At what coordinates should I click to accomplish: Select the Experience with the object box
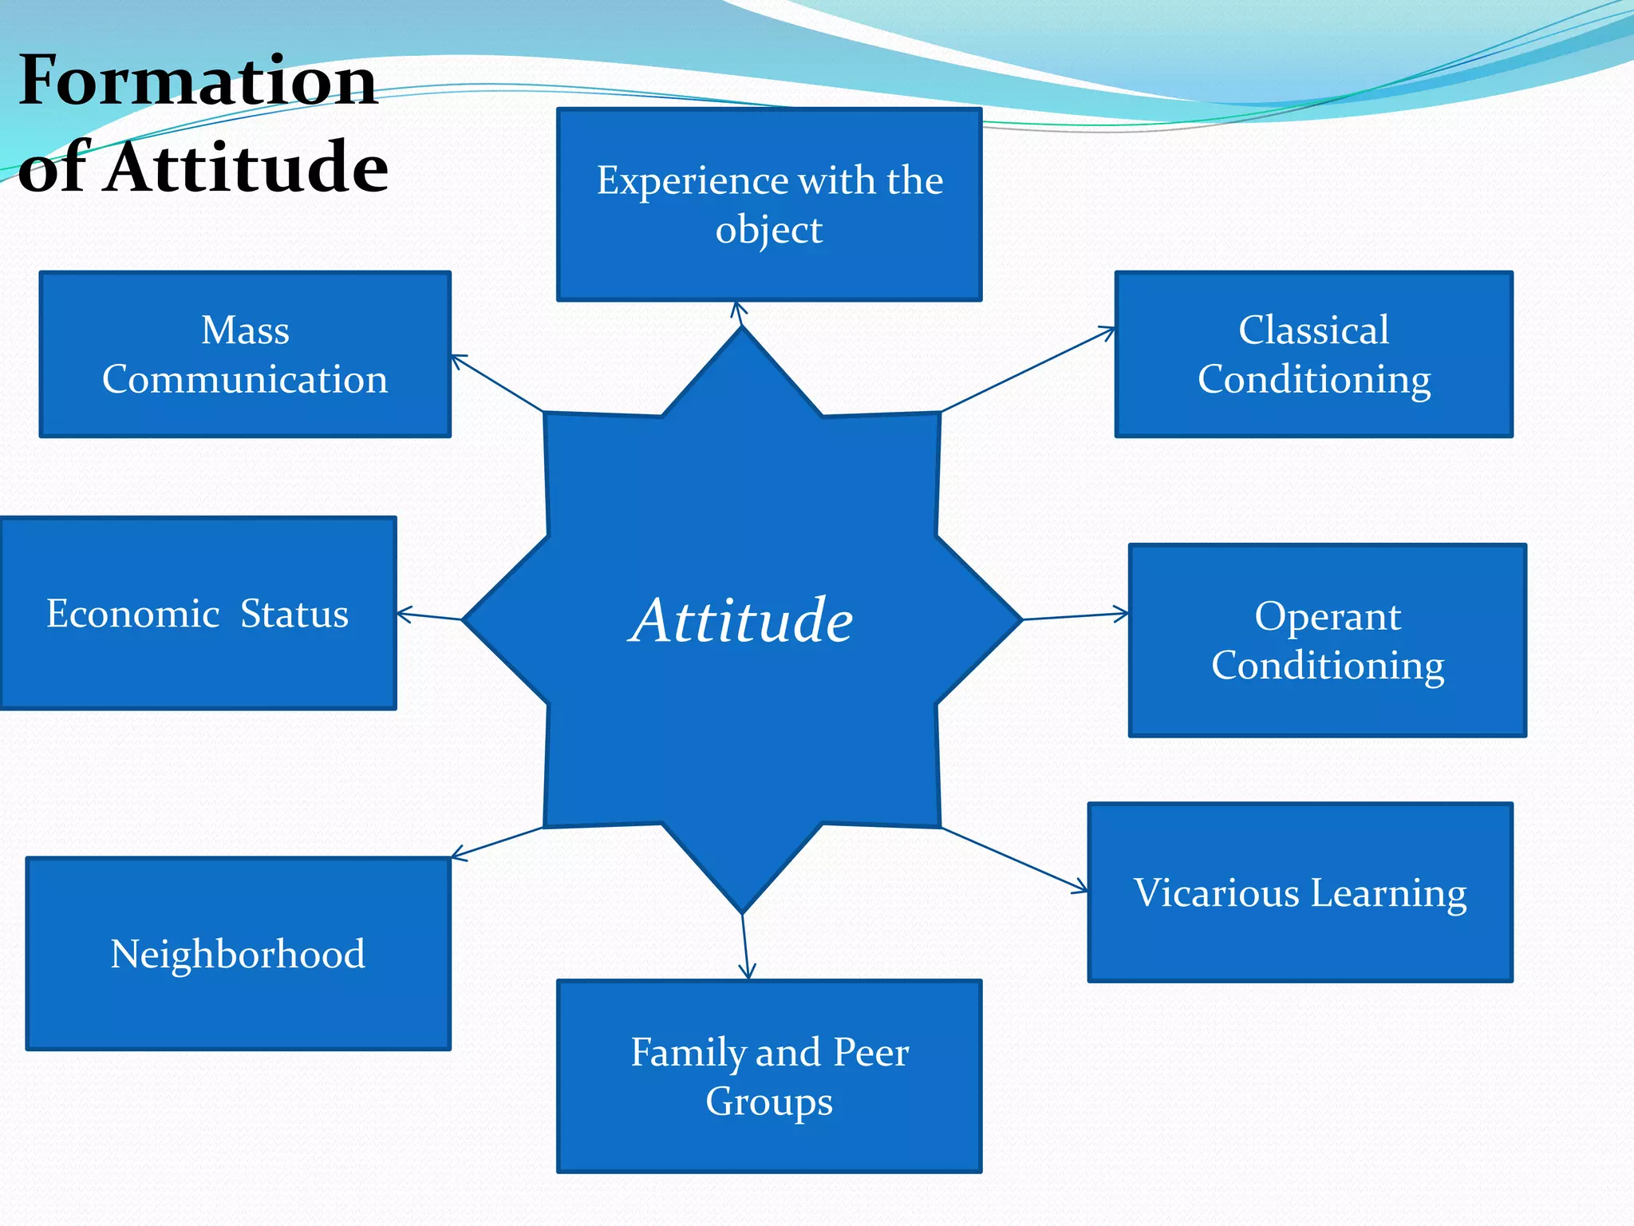click(x=769, y=204)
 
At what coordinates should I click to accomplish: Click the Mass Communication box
click(x=245, y=354)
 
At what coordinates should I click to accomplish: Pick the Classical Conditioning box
click(x=1313, y=354)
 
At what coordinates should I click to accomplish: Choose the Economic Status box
click(x=197, y=613)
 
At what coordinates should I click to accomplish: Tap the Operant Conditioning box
click(x=1328, y=640)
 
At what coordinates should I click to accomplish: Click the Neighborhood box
click(x=238, y=953)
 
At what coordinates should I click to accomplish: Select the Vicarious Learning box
click(x=1300, y=892)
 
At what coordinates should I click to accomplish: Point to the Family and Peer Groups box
click(x=769, y=1076)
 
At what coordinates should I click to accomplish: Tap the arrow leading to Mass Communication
click(x=497, y=384)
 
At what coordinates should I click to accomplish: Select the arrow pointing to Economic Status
click(x=429, y=615)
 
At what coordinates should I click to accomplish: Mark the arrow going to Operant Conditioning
click(x=1076, y=616)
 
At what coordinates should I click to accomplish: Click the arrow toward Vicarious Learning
click(x=1015, y=860)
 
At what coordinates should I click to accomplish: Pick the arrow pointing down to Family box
click(x=745, y=947)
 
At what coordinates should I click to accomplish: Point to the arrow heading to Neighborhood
click(x=497, y=843)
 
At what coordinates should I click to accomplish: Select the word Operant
click(x=1328, y=616)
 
